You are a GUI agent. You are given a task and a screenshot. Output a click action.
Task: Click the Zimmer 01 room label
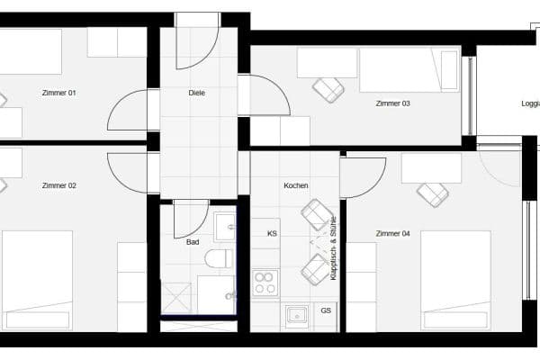click(x=59, y=93)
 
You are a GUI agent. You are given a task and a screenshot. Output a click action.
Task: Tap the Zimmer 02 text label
click(x=59, y=186)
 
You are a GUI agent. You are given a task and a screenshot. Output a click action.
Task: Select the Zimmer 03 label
click(x=392, y=103)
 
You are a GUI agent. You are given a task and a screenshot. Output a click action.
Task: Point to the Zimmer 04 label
click(x=392, y=234)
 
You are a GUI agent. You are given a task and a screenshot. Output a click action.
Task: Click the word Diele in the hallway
click(x=197, y=93)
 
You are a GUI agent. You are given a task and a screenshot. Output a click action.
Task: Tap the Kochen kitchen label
click(x=295, y=186)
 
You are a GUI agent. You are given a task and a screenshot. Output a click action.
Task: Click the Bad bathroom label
click(x=193, y=242)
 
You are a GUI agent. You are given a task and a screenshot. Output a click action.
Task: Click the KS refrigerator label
click(x=272, y=234)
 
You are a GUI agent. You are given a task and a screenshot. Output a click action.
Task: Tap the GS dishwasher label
click(x=325, y=311)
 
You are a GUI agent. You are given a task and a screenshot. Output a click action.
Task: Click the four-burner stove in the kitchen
click(x=265, y=283)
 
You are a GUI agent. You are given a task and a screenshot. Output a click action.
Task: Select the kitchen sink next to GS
click(x=295, y=315)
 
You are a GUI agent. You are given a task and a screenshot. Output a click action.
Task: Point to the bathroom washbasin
click(x=224, y=225)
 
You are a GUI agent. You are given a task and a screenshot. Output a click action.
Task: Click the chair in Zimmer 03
click(x=328, y=89)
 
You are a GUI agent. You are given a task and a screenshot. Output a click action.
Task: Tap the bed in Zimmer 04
click(x=455, y=279)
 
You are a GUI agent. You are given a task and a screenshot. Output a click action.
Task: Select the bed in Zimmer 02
click(x=37, y=279)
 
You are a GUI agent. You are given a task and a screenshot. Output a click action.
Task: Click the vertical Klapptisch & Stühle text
click(x=333, y=247)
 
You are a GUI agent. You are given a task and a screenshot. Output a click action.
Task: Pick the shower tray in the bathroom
click(x=177, y=298)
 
